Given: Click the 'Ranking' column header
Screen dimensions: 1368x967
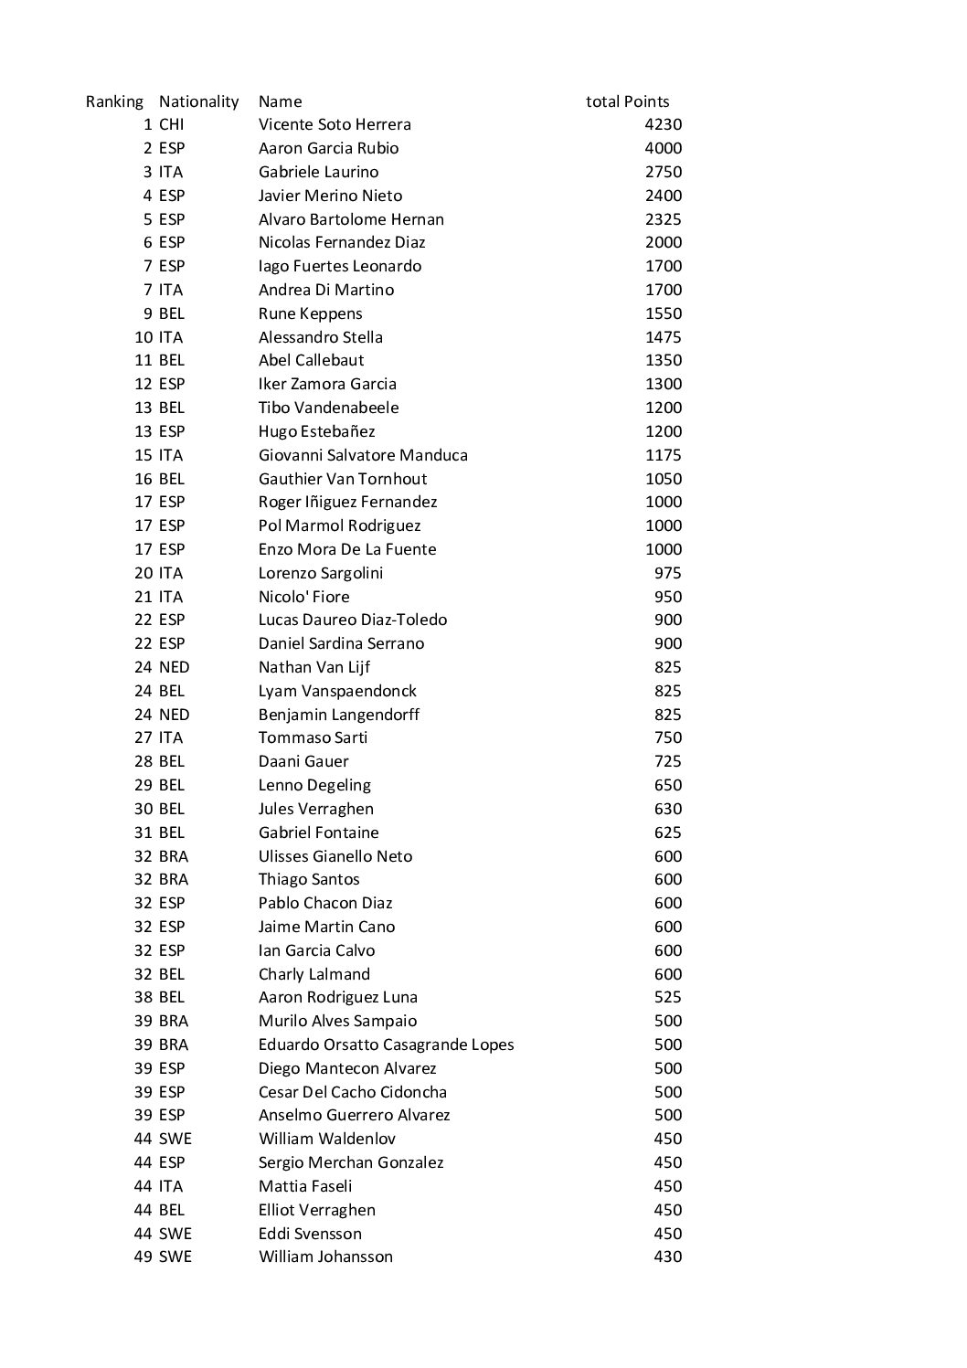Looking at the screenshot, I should coord(114,101).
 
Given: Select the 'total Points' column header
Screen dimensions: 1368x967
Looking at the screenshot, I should coord(627,101).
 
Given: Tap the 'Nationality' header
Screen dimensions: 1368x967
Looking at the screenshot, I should coord(198,101).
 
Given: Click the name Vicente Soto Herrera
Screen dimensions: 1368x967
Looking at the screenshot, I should coord(335,124).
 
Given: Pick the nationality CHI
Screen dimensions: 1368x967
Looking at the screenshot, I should coord(171,124).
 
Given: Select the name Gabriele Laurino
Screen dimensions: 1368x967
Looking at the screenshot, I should coord(318,172).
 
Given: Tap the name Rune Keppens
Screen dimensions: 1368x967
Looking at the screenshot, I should coord(310,313).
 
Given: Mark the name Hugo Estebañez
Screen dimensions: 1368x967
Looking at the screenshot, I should coord(316,431).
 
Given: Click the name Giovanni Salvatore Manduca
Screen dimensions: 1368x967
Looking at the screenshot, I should coord(363,455).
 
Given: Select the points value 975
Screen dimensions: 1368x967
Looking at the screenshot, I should coord(667,573).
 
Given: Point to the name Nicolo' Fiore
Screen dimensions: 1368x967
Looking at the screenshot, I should coord(303,597).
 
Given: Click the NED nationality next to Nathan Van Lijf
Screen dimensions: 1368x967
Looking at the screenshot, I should coord(174,667).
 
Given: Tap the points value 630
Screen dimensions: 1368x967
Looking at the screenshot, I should coord(667,809).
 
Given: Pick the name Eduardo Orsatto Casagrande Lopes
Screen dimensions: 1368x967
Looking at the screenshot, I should coord(386,1045).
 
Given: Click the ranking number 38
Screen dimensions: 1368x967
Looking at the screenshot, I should coord(143,997).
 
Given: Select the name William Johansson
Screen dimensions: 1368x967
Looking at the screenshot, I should coord(325,1257).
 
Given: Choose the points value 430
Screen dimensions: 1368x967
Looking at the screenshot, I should coord(667,1257).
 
